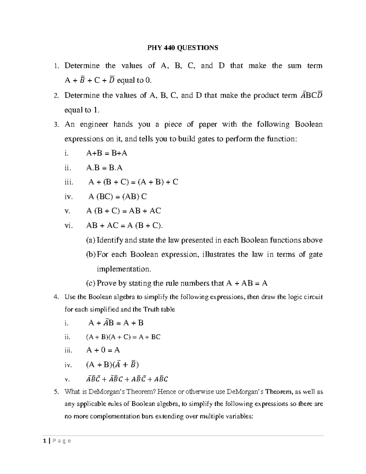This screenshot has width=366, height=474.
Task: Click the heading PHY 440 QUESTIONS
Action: point(183,48)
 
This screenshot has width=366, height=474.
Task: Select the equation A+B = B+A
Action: point(107,153)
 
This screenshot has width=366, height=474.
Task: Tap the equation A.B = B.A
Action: point(104,168)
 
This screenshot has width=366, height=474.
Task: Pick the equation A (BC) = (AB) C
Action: point(117,197)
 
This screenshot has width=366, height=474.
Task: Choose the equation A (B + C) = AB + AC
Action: point(124,211)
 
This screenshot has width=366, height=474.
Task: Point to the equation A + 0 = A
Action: point(103,350)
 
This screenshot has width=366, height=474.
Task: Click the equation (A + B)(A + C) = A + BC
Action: point(123,337)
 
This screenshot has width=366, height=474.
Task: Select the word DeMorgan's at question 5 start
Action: point(95,392)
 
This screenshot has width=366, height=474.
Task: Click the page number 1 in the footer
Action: point(45,441)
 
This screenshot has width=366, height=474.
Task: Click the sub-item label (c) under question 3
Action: point(91,284)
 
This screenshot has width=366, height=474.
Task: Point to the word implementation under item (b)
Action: point(123,269)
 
